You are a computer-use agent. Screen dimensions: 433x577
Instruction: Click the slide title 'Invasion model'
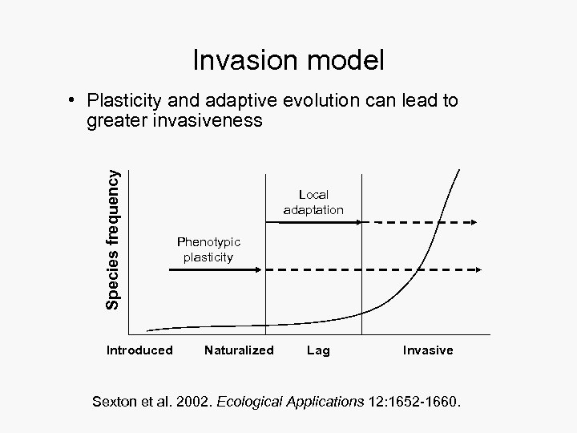coord(288,60)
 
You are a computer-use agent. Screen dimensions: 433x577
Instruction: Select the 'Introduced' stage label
coord(139,350)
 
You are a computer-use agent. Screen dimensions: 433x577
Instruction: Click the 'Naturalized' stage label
coord(239,350)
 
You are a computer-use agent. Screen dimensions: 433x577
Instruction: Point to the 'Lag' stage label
coord(318,350)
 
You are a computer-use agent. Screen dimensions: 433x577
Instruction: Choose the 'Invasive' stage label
coord(428,350)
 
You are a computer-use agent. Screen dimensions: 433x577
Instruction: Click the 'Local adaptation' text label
coord(313,202)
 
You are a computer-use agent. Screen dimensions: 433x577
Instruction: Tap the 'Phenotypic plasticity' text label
coord(208,249)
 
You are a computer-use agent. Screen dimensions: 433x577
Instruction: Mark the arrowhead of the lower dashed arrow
coord(474,271)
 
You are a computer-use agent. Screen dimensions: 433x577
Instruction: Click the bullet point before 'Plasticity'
coord(72,101)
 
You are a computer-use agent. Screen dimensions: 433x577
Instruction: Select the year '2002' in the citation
coord(191,401)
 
